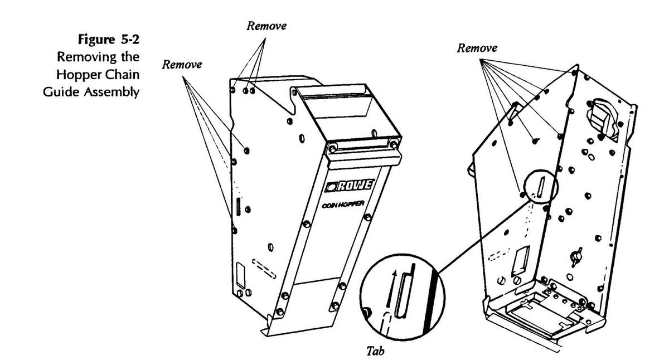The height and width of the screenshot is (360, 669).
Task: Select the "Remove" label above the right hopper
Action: pos(477,48)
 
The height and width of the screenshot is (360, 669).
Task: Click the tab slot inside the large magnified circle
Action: pos(401,295)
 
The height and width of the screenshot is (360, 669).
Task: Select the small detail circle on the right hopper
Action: pos(539,186)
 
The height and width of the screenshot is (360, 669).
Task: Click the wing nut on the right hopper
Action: pos(574,256)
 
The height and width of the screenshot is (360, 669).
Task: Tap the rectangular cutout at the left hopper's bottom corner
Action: pos(242,277)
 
